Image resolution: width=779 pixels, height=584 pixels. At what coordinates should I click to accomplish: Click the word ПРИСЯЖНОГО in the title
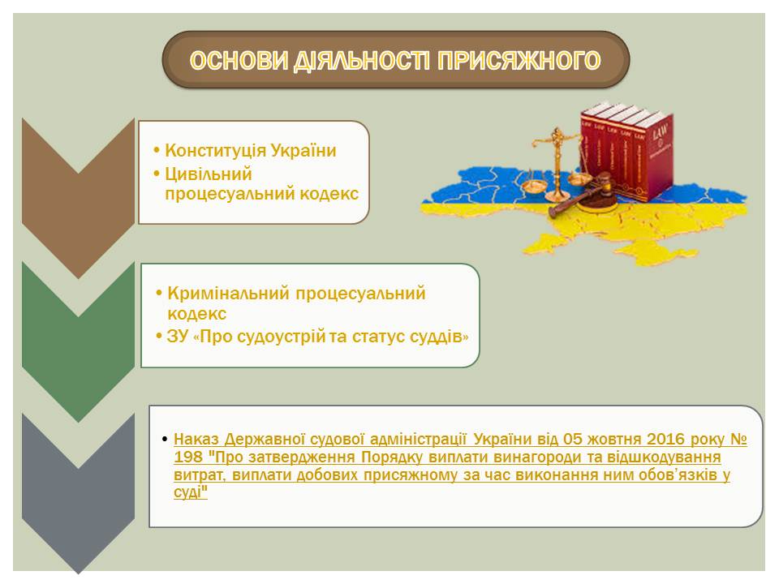[x=519, y=61]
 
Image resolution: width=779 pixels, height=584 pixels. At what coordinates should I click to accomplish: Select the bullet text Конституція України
[x=251, y=150]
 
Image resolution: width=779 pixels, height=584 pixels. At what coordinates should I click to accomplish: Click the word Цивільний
[x=209, y=174]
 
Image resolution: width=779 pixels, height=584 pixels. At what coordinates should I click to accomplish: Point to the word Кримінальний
[x=229, y=293]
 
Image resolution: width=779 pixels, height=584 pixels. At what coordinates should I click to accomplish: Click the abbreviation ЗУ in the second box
[x=178, y=337]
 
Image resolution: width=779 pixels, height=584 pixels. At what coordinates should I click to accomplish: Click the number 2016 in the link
[x=665, y=439]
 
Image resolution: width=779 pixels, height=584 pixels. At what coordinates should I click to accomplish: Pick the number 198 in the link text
[x=187, y=457]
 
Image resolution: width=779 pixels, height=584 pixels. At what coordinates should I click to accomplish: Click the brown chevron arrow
[x=78, y=198]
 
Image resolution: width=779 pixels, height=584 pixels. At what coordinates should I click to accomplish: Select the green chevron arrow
[x=78, y=342]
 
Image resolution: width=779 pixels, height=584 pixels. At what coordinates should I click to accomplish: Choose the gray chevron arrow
[x=78, y=494]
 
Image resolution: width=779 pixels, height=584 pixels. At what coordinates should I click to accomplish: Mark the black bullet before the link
[x=165, y=440]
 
